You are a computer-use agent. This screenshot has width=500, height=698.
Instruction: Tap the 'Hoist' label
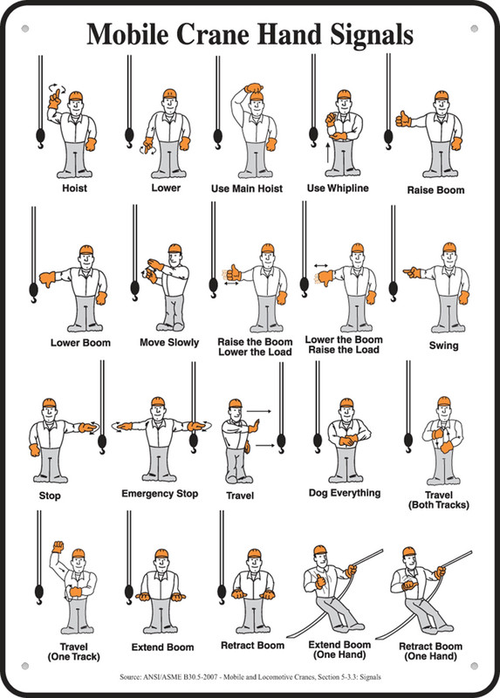(74, 188)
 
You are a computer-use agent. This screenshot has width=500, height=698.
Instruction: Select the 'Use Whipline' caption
(338, 188)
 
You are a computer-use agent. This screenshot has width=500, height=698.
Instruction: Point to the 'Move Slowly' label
(169, 342)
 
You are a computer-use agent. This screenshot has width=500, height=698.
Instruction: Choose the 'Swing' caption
(443, 346)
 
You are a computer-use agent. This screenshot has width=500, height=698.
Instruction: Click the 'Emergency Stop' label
(160, 494)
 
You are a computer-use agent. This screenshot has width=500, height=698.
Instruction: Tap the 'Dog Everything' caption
(345, 493)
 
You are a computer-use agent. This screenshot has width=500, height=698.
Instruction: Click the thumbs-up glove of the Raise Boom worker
(404, 117)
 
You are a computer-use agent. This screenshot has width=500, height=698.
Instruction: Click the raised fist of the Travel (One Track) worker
(59, 547)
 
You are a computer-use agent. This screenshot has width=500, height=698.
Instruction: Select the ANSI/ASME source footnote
(250, 677)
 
